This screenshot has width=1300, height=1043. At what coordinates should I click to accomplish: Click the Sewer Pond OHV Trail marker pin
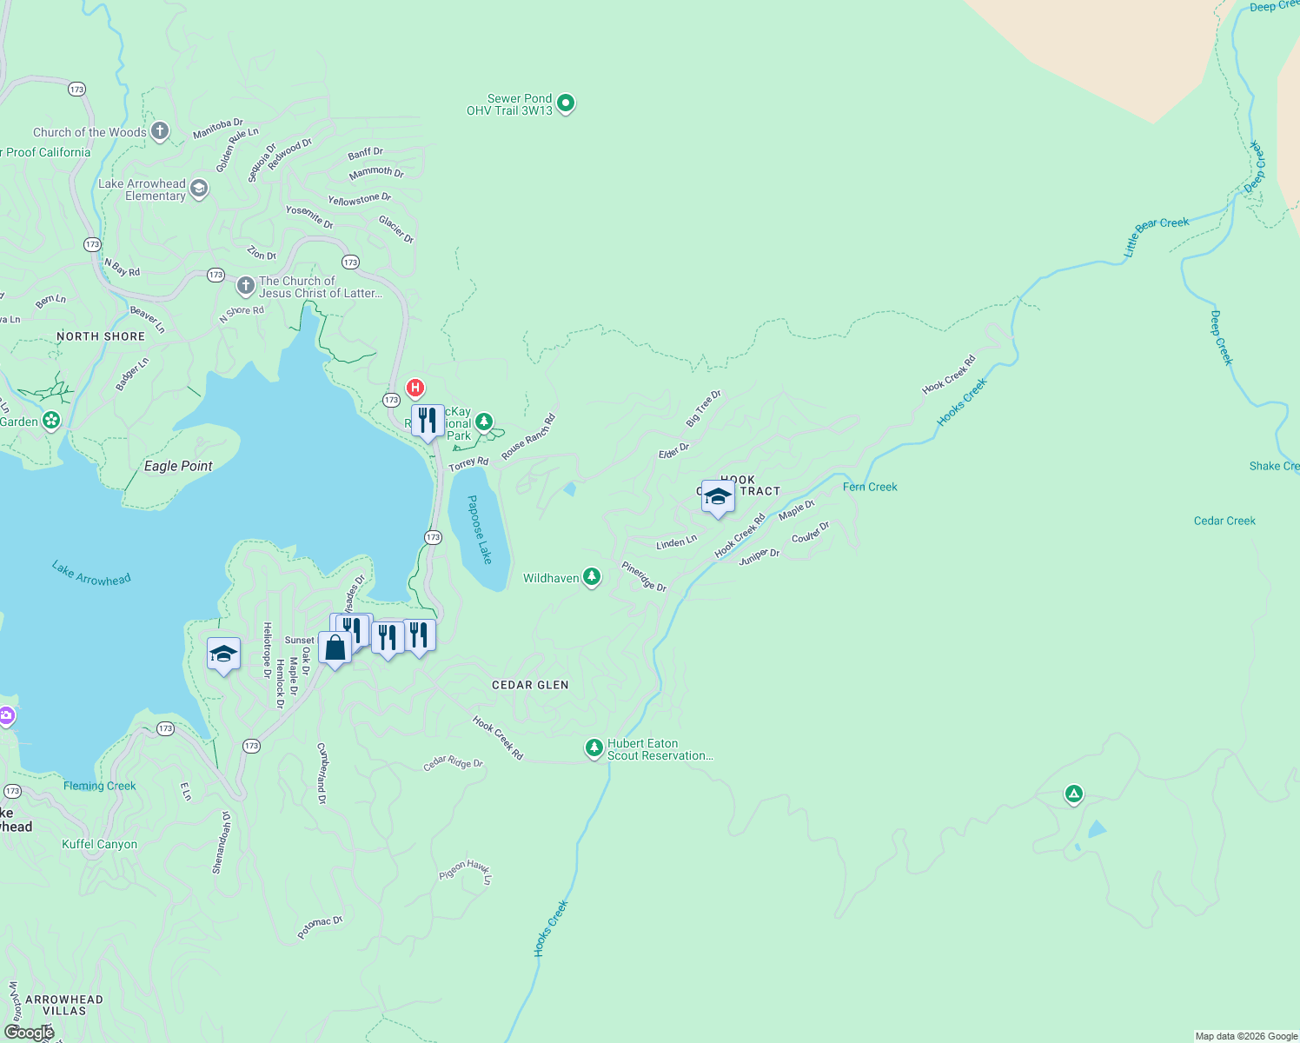click(566, 104)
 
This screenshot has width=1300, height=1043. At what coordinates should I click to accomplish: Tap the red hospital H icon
click(415, 388)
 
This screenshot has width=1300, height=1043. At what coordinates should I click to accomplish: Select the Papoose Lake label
click(480, 529)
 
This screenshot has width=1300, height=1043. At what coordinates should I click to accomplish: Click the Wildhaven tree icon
click(592, 577)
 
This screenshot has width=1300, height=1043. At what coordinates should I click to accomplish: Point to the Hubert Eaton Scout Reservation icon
click(594, 748)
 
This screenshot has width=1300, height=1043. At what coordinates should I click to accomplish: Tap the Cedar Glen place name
click(530, 685)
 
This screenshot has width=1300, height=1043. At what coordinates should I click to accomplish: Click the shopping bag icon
click(335, 648)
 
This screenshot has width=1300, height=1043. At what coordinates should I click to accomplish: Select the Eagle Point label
click(178, 466)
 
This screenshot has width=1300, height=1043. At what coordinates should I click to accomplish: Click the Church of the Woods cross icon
click(160, 132)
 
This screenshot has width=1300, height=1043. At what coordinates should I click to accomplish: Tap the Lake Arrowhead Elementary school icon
click(199, 189)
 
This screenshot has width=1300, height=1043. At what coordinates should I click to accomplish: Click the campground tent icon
click(1074, 794)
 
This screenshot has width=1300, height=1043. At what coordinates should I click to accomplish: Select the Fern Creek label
click(870, 487)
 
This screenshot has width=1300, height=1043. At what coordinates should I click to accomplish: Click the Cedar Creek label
click(1224, 521)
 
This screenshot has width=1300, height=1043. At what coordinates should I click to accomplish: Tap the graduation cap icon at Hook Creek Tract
click(718, 496)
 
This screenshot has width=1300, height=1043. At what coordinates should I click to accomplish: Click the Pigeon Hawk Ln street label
click(466, 871)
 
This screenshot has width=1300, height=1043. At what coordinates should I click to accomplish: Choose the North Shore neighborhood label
click(101, 336)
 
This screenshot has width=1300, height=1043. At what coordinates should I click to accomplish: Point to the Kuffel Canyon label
click(99, 844)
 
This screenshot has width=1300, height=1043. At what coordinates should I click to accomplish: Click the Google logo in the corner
click(29, 1032)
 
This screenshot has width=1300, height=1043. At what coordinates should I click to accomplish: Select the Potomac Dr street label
click(320, 927)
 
